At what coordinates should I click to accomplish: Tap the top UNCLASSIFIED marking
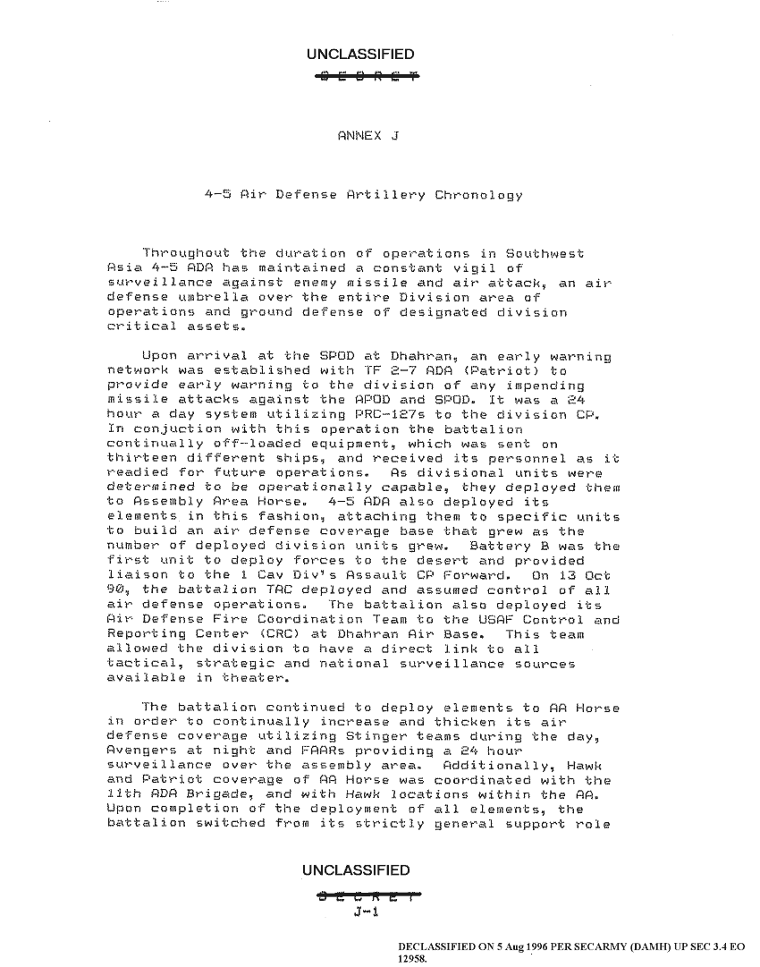359,55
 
